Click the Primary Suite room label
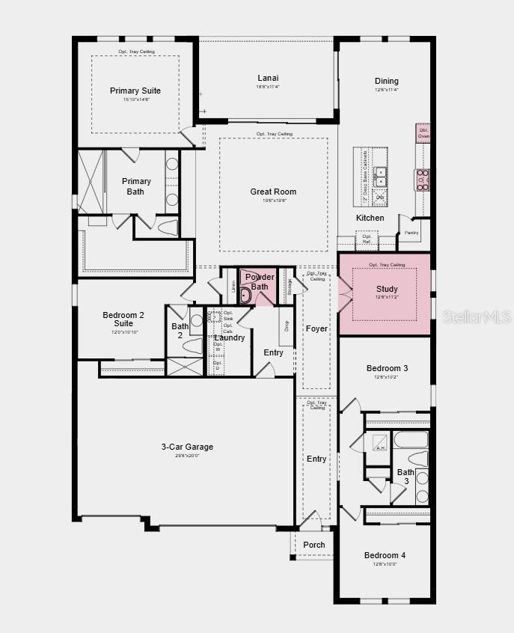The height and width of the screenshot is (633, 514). [x=135, y=91]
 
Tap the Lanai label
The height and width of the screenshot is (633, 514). [x=268, y=78]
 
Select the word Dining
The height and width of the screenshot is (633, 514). [x=387, y=81]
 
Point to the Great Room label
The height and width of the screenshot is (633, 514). [x=273, y=192]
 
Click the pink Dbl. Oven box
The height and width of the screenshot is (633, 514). [x=423, y=133]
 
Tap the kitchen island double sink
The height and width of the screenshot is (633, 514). [x=381, y=177]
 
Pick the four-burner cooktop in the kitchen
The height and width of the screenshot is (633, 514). [x=423, y=180]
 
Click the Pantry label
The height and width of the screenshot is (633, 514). [x=411, y=233]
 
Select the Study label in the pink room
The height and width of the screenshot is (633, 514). [x=387, y=289]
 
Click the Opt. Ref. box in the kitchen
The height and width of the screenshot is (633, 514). [x=367, y=239]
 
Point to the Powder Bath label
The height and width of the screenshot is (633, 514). [x=260, y=281]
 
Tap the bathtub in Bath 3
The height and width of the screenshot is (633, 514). [x=411, y=439]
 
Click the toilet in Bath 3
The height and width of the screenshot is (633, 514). [x=417, y=458]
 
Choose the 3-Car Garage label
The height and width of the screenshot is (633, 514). [x=187, y=447]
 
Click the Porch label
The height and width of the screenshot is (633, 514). [x=314, y=545]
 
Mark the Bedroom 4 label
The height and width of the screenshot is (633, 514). [x=385, y=555]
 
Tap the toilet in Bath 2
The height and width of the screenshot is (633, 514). [x=193, y=346]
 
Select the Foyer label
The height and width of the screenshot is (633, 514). [x=316, y=329]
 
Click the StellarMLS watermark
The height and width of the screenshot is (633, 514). [x=477, y=317]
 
